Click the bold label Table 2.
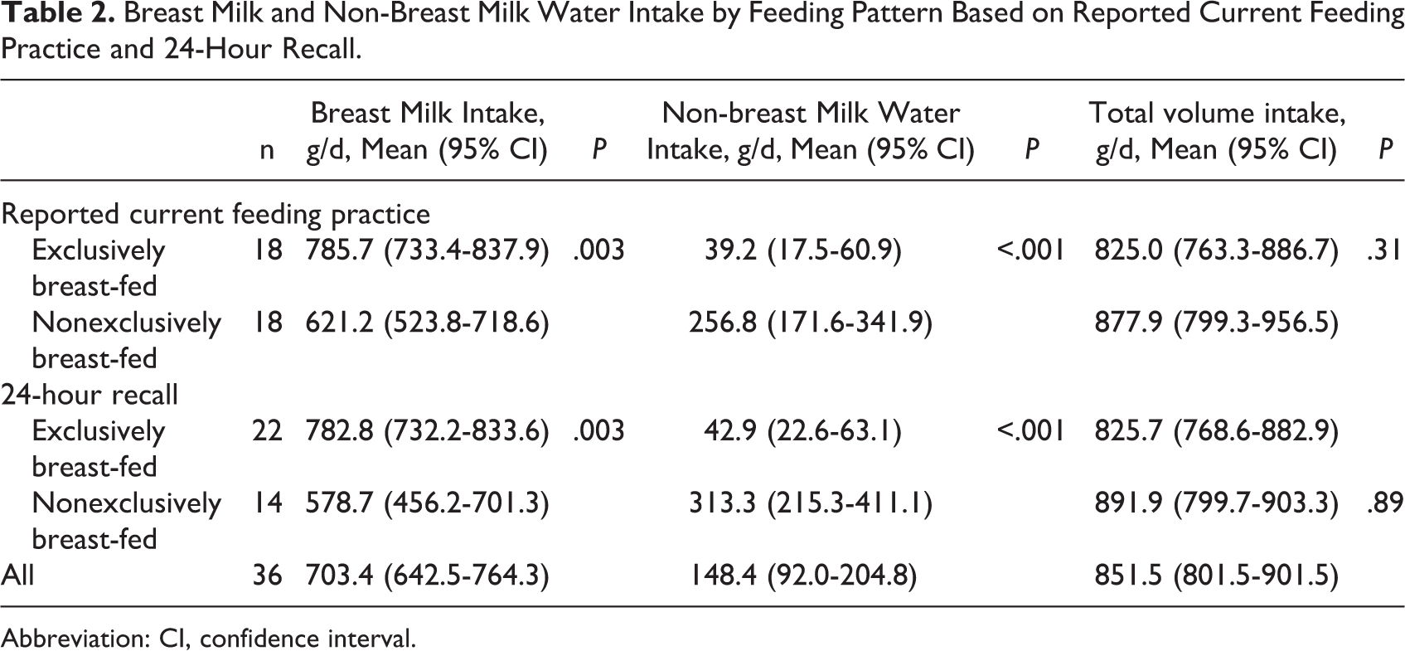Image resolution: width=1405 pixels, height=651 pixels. click(58, 14)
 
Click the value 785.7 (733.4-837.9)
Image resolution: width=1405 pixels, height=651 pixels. click(427, 250)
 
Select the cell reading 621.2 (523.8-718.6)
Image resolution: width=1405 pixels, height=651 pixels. click(427, 323)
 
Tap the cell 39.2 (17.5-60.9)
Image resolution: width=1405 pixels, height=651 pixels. click(803, 250)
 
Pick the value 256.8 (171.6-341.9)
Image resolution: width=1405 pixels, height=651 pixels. click(811, 323)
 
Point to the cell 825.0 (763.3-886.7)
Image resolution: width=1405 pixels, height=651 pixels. click(1216, 250)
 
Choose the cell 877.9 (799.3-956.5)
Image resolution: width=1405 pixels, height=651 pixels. click(1216, 323)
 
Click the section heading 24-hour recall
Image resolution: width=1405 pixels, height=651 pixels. click(90, 395)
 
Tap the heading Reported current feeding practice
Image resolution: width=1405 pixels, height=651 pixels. click(216, 215)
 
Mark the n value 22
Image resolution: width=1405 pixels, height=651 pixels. click(267, 431)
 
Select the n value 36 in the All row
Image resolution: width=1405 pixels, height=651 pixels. click(267, 575)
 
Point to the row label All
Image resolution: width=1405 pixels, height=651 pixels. click(17, 575)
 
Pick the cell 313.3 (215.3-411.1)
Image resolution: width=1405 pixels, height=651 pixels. click(811, 503)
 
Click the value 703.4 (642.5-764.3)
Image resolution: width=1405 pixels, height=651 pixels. click(427, 575)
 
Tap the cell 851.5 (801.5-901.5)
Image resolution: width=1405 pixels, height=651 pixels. click(1216, 575)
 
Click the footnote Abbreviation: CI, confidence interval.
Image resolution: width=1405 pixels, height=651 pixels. click(209, 639)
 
